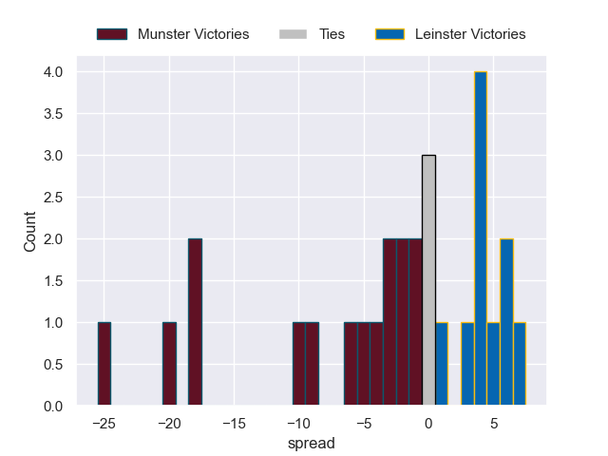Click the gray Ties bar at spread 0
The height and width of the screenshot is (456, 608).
[428, 280]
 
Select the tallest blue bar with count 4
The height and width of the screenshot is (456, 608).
[481, 238]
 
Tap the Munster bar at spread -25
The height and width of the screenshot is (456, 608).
[104, 364]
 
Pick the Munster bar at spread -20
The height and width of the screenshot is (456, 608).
[169, 364]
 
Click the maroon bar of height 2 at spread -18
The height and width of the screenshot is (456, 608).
[195, 322]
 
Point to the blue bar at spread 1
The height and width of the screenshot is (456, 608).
[442, 364]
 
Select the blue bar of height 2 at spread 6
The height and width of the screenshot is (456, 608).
[506, 322]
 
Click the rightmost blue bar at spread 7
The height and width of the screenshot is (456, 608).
[520, 364]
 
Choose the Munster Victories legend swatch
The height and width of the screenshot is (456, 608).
[111, 34]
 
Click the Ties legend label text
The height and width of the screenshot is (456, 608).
[332, 34]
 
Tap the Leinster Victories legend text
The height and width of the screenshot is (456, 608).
[469, 34]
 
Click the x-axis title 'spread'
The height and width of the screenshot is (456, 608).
[312, 443]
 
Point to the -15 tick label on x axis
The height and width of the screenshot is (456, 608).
[234, 422]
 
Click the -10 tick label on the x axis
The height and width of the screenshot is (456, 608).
[298, 422]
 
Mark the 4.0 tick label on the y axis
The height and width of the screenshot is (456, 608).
[52, 72]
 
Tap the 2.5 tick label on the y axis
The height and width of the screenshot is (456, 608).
[52, 198]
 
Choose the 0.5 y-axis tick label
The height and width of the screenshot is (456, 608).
[52, 365]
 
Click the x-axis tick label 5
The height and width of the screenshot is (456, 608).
[493, 422]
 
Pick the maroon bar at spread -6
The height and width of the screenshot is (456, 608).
[351, 364]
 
